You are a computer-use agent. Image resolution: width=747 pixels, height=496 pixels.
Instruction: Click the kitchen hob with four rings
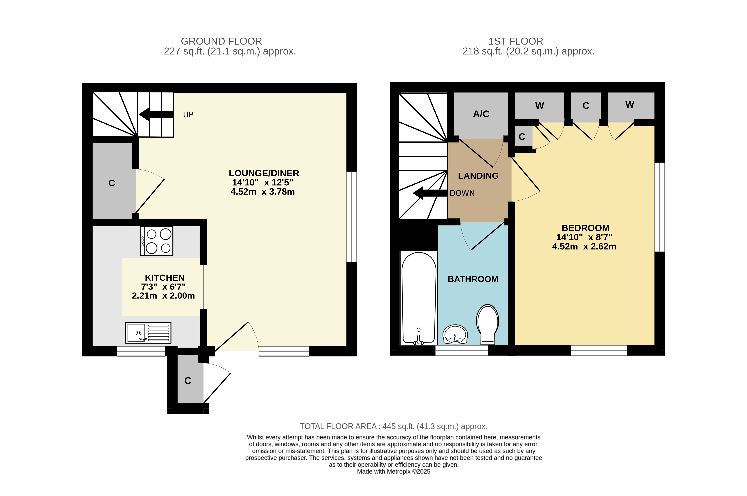point(156,241)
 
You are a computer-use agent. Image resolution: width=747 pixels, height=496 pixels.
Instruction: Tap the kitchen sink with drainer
point(148,333)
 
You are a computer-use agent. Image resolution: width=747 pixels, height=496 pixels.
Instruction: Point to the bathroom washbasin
point(455,334)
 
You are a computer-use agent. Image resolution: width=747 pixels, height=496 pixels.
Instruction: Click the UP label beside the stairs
point(188,115)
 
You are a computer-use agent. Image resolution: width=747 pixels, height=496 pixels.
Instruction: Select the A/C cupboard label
point(481,114)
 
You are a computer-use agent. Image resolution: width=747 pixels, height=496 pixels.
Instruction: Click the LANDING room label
point(478,176)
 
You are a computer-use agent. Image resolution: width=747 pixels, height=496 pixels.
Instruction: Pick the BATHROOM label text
point(473,279)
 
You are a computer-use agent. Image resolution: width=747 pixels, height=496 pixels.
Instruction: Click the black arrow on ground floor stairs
point(156,114)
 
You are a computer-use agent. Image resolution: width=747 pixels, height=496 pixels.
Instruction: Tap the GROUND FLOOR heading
point(221,41)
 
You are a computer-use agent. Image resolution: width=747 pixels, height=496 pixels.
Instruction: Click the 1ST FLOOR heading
point(516,41)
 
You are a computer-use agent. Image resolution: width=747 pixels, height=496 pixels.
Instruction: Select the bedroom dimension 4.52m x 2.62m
point(584,246)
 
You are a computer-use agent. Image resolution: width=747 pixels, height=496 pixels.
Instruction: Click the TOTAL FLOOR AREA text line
point(394,426)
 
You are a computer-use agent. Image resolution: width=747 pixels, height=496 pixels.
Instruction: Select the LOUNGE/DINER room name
point(264,173)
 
